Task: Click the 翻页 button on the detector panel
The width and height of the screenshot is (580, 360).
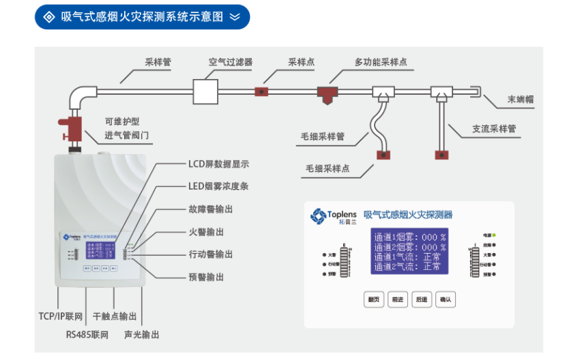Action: tap(373, 299)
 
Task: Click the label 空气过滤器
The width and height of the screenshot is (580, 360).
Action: tap(230, 62)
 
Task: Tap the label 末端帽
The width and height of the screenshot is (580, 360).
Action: tap(520, 100)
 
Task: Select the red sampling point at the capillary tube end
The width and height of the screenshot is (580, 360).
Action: tap(384, 154)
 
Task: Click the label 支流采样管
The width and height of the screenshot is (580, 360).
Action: tap(493, 128)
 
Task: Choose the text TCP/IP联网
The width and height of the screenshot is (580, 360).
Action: tap(60, 317)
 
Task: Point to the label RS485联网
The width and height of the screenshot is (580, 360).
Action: tap(87, 335)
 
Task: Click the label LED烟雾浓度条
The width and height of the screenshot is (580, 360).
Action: tap(219, 186)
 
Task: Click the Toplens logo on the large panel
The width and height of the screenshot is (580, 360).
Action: tap(334, 215)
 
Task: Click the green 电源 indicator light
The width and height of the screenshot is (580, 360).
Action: tap(493, 235)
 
